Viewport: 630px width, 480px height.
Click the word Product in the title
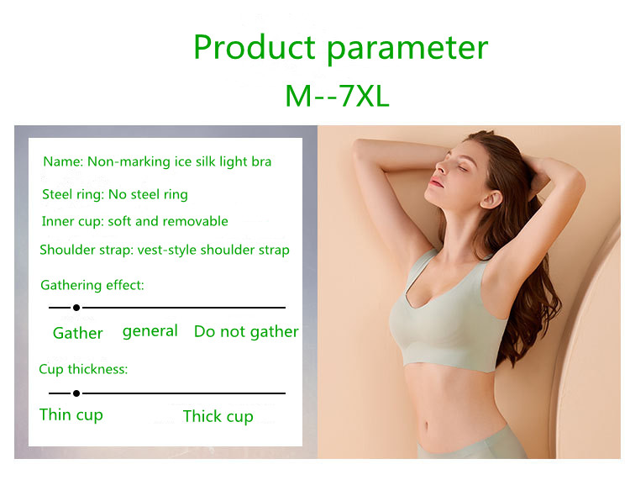pos(255,47)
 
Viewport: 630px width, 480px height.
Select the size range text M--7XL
pos(337,97)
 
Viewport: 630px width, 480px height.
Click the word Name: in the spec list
pos(63,161)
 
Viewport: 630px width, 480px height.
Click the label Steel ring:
pos(73,194)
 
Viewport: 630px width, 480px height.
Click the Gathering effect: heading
pos(92,286)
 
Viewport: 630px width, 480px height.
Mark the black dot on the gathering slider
pos(76,308)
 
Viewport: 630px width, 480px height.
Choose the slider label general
pos(150,332)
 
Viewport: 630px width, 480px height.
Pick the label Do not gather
pos(246,332)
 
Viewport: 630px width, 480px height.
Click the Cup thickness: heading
pos(83,369)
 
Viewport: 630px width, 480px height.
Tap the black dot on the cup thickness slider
pos(76,393)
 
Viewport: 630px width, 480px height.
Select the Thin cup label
pos(71,415)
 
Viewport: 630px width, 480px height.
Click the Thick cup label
pos(218,416)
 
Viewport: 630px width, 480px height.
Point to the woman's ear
pos(491,198)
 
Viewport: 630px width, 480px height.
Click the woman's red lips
pos(435,182)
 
